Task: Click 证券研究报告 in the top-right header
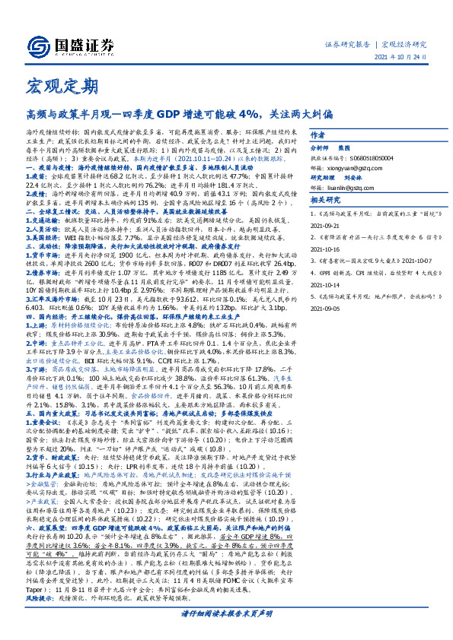pos(349,45)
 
